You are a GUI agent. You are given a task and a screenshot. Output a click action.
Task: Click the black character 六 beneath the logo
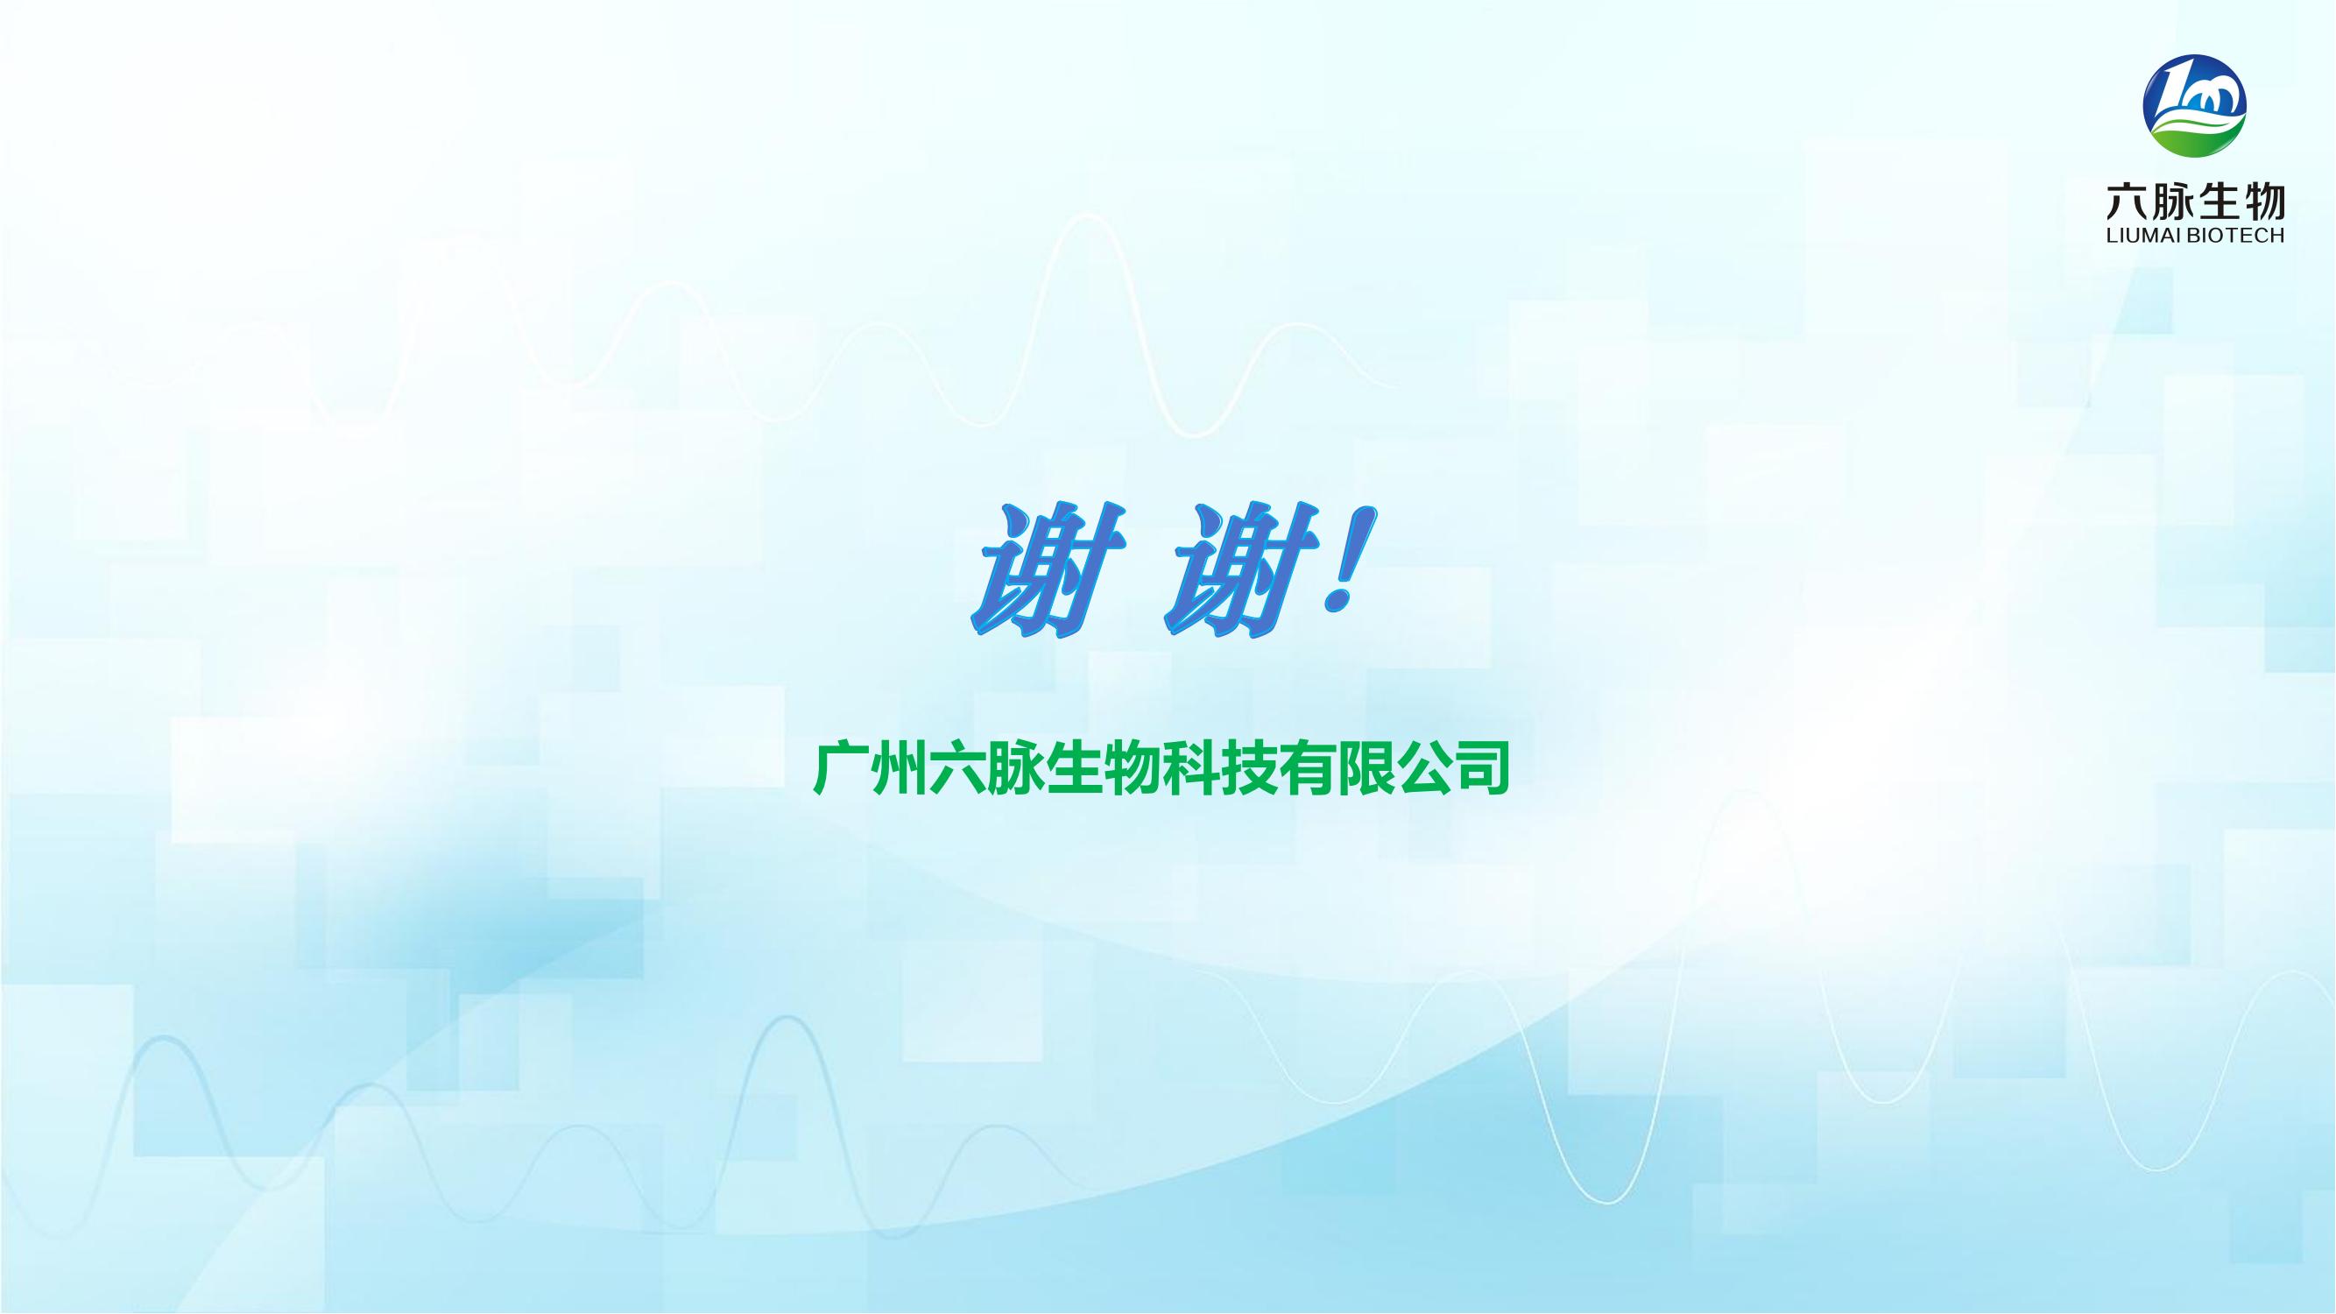pyautogui.click(x=2127, y=201)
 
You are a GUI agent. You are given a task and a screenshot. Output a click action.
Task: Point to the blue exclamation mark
pyautogui.click(x=1350, y=563)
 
